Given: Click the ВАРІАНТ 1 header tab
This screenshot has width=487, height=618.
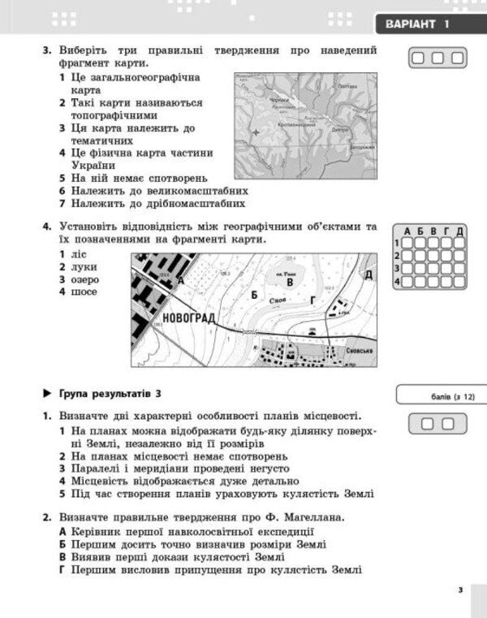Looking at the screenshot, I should [x=425, y=24].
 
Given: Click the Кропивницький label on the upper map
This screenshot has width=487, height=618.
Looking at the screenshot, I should [x=297, y=126].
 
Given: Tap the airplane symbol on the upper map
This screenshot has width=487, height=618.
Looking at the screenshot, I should [x=257, y=132].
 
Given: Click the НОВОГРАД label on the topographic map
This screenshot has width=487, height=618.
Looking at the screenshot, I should [x=188, y=318].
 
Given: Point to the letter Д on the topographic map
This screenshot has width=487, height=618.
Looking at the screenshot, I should [x=368, y=274].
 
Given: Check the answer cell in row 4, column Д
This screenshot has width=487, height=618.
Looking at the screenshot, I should [x=459, y=282].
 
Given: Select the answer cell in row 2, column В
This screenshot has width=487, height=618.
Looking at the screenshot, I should [x=433, y=256].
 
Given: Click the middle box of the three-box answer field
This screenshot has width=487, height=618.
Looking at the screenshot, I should [x=437, y=58].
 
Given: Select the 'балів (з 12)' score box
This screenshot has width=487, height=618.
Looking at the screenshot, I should [x=437, y=395].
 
